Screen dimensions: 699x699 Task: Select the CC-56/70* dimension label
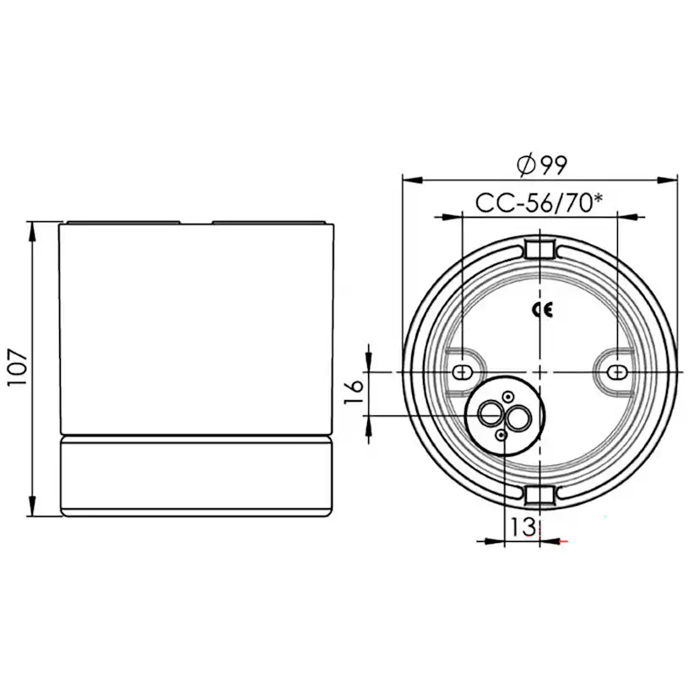click(539, 203)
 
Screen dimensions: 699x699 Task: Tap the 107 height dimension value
click(19, 367)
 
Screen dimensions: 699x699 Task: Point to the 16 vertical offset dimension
click(355, 390)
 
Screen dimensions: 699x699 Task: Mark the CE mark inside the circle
click(542, 310)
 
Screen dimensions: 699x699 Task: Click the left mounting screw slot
click(462, 371)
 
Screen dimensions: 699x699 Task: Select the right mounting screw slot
click(618, 371)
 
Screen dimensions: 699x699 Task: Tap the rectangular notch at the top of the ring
click(539, 249)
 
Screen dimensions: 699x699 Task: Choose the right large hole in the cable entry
click(517, 415)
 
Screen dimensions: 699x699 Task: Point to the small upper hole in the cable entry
click(507, 397)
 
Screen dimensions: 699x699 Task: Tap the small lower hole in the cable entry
click(502, 434)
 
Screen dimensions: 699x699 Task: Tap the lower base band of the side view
click(196, 476)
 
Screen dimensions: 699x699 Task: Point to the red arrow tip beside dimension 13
click(562, 540)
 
